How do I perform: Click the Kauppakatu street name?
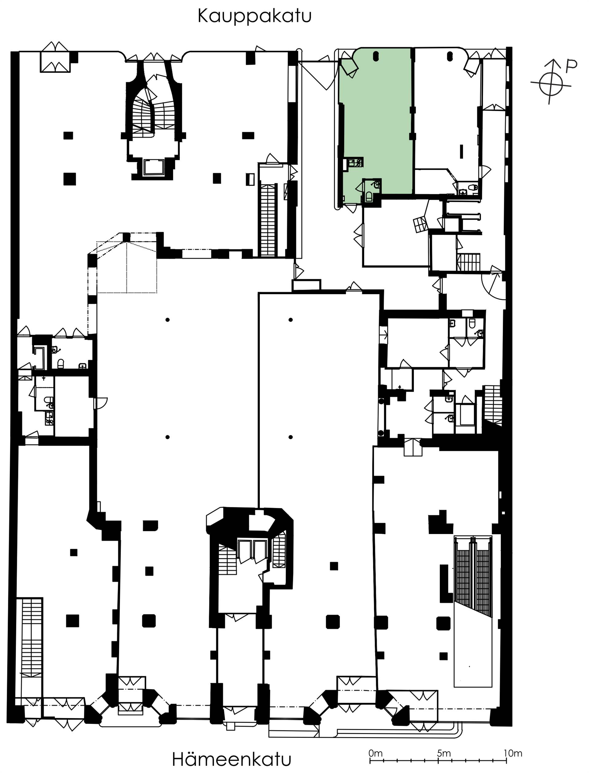coord(255,17)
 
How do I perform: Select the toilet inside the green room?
coord(369,197)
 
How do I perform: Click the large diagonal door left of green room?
coord(316,75)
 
